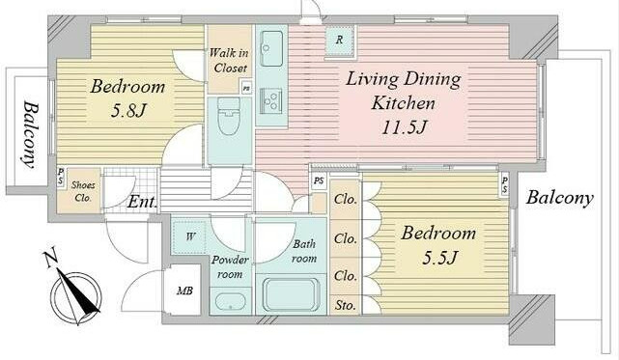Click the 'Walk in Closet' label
229,60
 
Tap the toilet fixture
229,116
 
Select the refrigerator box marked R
339,41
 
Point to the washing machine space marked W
190,236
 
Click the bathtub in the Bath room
292,295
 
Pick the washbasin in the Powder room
230,301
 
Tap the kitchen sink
271,48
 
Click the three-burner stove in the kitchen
270,99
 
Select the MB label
184,291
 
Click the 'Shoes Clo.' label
83,191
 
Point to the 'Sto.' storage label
346,306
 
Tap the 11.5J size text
404,128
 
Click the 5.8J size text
127,111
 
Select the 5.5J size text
439,258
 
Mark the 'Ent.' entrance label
142,202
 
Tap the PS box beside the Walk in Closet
246,89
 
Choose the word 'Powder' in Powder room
230,261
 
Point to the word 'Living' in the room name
372,80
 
